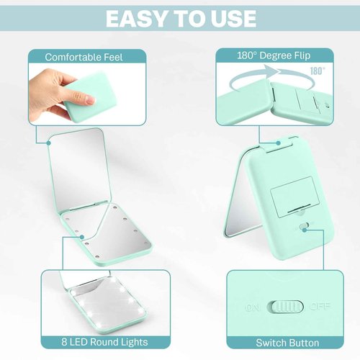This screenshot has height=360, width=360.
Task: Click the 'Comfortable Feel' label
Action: pyautogui.click(x=84, y=57)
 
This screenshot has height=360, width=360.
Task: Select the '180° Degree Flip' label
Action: pyautogui.click(x=274, y=55)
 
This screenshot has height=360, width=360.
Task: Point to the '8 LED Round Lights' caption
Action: pyautogui.click(x=104, y=342)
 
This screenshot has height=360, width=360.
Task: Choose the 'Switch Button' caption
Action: pyautogui.click(x=287, y=343)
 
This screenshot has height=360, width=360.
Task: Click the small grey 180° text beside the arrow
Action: pyautogui.click(x=318, y=71)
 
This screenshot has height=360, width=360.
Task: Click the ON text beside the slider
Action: pyautogui.click(x=252, y=307)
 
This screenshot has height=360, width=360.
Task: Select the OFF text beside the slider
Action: pyautogui.click(x=320, y=306)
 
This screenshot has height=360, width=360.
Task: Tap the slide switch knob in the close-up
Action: pyautogui.click(x=287, y=307)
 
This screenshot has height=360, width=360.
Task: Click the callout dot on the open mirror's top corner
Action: pyautogui.click(x=49, y=143)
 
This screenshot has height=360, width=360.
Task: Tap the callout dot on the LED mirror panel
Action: pyautogui.click(x=82, y=237)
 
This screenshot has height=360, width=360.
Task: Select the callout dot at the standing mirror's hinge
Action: pyautogui.click(x=278, y=143)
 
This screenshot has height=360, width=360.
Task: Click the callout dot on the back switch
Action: pyautogui.click(x=305, y=230)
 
